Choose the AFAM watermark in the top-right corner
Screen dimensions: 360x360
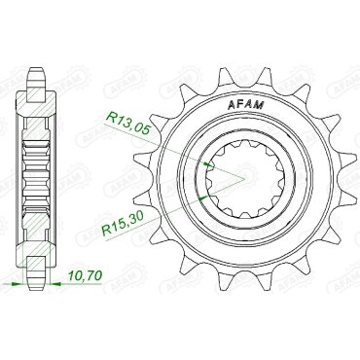point(337,30)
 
